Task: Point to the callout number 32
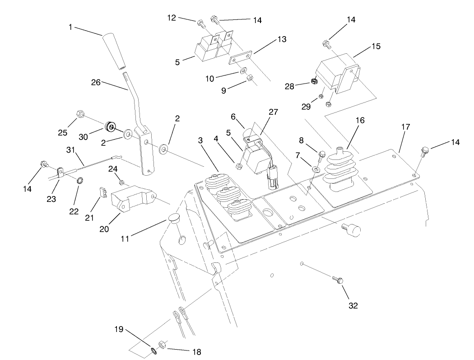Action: [x=353, y=305]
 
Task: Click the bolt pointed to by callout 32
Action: [x=338, y=280]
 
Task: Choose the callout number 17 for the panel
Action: [x=405, y=127]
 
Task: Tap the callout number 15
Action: [x=376, y=46]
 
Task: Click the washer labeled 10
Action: [x=243, y=71]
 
